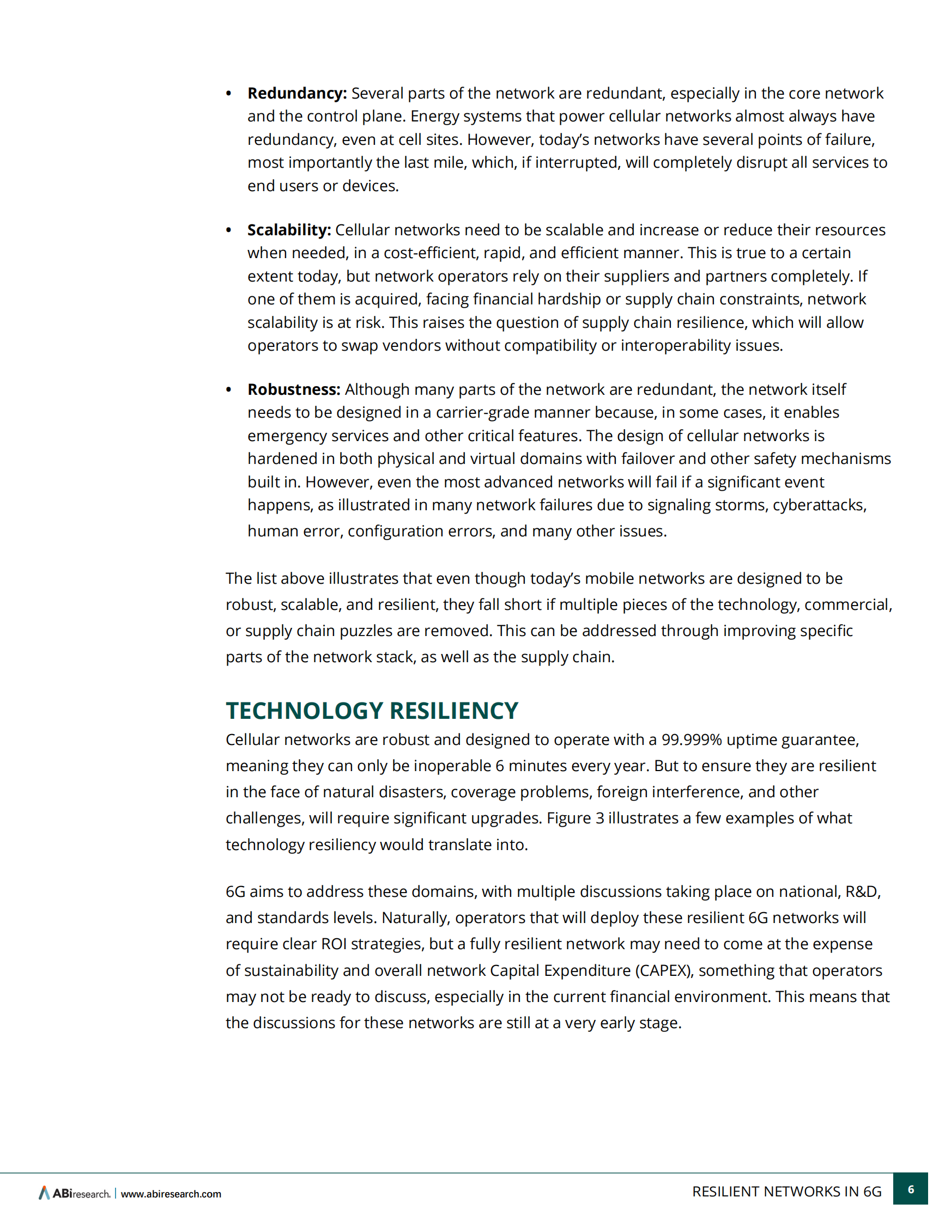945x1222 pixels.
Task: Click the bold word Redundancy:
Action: click(x=296, y=93)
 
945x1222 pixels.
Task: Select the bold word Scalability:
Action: click(x=289, y=230)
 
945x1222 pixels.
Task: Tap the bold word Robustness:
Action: click(x=294, y=389)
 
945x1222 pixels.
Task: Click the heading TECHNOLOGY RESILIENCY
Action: click(x=372, y=711)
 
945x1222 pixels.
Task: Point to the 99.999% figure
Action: click(x=692, y=740)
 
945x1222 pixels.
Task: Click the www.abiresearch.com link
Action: click(x=171, y=1194)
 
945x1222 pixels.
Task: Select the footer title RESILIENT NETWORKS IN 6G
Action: click(x=786, y=1192)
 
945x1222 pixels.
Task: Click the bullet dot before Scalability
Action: click(x=228, y=230)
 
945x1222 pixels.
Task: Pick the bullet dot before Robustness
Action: click(x=228, y=390)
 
